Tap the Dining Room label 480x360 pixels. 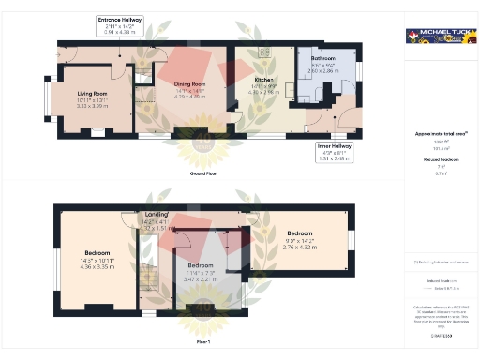pyautogui.click(x=189, y=84)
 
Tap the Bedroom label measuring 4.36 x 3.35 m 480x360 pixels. pyautogui.click(x=97, y=253)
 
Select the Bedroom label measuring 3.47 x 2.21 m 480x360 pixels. pyautogui.click(x=200, y=266)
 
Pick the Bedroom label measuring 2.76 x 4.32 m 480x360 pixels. pyautogui.click(x=300, y=233)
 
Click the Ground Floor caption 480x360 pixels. pyautogui.click(x=197, y=174)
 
